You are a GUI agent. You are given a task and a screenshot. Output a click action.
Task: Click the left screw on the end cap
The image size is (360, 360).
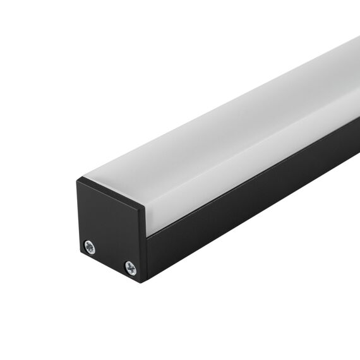click(x=90, y=247)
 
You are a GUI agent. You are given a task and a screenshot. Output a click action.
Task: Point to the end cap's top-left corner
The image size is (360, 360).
click(x=78, y=179)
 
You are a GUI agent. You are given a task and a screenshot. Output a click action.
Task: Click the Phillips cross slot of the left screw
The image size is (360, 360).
click(x=90, y=247)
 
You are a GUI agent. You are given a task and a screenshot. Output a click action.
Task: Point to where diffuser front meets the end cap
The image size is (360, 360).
click(x=147, y=221)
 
